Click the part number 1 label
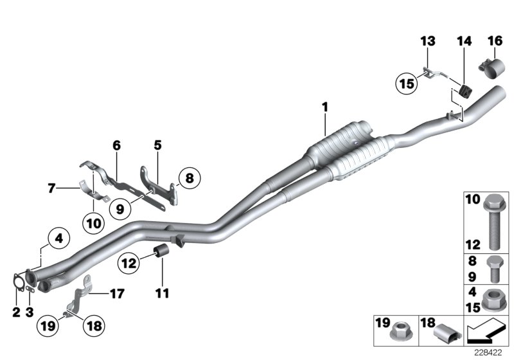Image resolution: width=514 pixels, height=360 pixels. pos(326,105)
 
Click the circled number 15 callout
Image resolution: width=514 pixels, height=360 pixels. pos(406,83)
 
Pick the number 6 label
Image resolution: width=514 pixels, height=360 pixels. pos(116,146)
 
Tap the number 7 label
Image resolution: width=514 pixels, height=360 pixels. pos(51,189)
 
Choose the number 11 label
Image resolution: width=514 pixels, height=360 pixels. pos(161,294)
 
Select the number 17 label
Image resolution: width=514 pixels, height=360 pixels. pos(116,294)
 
